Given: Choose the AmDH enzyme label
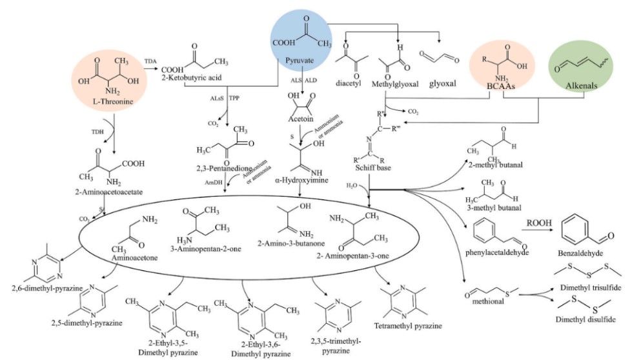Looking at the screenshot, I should tap(212, 182).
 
